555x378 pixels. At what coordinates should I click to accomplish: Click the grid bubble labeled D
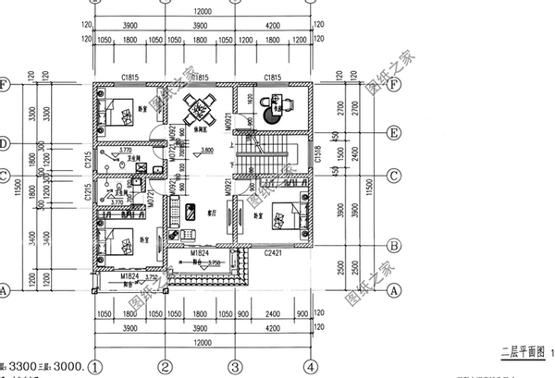(x=5, y=143)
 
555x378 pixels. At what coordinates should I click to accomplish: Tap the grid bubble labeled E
(x=394, y=133)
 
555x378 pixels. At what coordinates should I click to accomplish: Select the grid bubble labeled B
(x=394, y=246)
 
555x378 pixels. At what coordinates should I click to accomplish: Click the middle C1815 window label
(x=200, y=79)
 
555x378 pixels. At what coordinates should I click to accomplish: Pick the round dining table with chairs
(x=199, y=109)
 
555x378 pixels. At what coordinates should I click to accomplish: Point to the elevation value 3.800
(x=207, y=149)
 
